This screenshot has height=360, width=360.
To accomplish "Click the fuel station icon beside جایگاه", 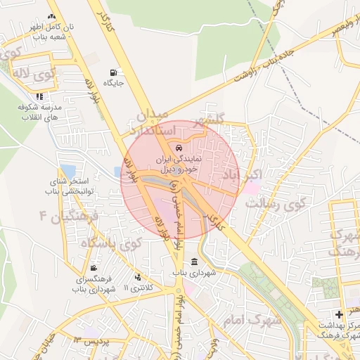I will click(x=114, y=72).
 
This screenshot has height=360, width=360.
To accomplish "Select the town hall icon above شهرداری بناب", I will click(x=194, y=262).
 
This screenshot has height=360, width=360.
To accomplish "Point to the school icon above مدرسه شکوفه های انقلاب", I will click(x=39, y=96).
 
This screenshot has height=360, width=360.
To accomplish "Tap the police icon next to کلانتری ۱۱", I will click(x=138, y=278).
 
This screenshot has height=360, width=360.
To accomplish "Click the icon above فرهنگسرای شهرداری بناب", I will click(x=94, y=269).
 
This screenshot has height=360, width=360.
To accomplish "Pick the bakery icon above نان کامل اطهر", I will click(x=51, y=16).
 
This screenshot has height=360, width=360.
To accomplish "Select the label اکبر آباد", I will click(x=242, y=174).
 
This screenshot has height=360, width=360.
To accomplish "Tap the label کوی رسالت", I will click(x=274, y=205).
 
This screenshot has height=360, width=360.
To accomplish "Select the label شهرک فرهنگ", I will click(x=344, y=242).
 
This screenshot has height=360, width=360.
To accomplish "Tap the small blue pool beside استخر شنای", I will click(x=67, y=171).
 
